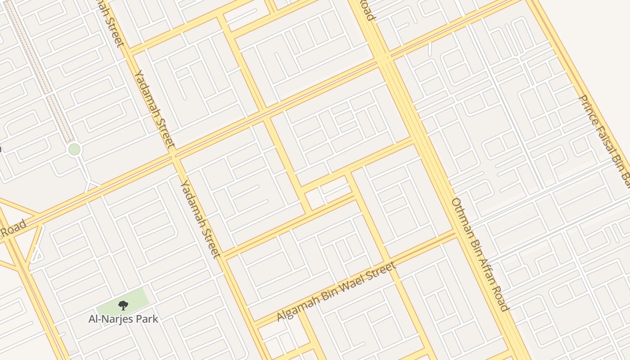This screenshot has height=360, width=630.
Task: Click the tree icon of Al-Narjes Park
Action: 123,306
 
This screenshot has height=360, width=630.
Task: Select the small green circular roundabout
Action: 74,149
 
